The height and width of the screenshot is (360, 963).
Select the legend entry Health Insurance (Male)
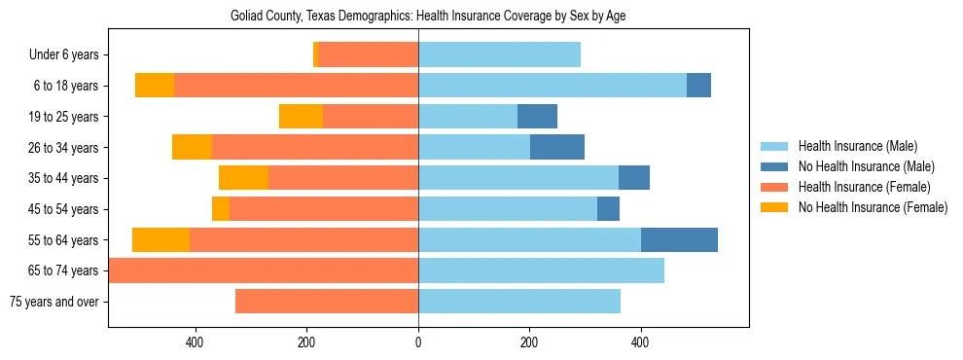(858, 146)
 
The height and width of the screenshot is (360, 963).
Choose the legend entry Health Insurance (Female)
(864, 187)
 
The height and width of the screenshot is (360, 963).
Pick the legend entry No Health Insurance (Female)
(872, 207)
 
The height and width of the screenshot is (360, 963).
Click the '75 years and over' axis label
(54, 302)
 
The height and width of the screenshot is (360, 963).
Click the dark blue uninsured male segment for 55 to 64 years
(679, 239)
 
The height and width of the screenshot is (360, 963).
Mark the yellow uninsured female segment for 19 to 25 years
(301, 117)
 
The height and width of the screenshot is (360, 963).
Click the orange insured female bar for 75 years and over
(327, 302)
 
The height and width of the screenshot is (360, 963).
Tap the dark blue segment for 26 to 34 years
(557, 148)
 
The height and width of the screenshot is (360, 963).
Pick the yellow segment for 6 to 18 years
(155, 86)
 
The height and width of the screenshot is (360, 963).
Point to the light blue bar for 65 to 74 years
(541, 270)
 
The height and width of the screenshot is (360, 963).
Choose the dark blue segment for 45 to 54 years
(608, 209)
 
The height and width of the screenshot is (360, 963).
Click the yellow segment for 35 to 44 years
(243, 178)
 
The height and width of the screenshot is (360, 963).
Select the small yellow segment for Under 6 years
(315, 55)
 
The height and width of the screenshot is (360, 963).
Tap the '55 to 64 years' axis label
(63, 240)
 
